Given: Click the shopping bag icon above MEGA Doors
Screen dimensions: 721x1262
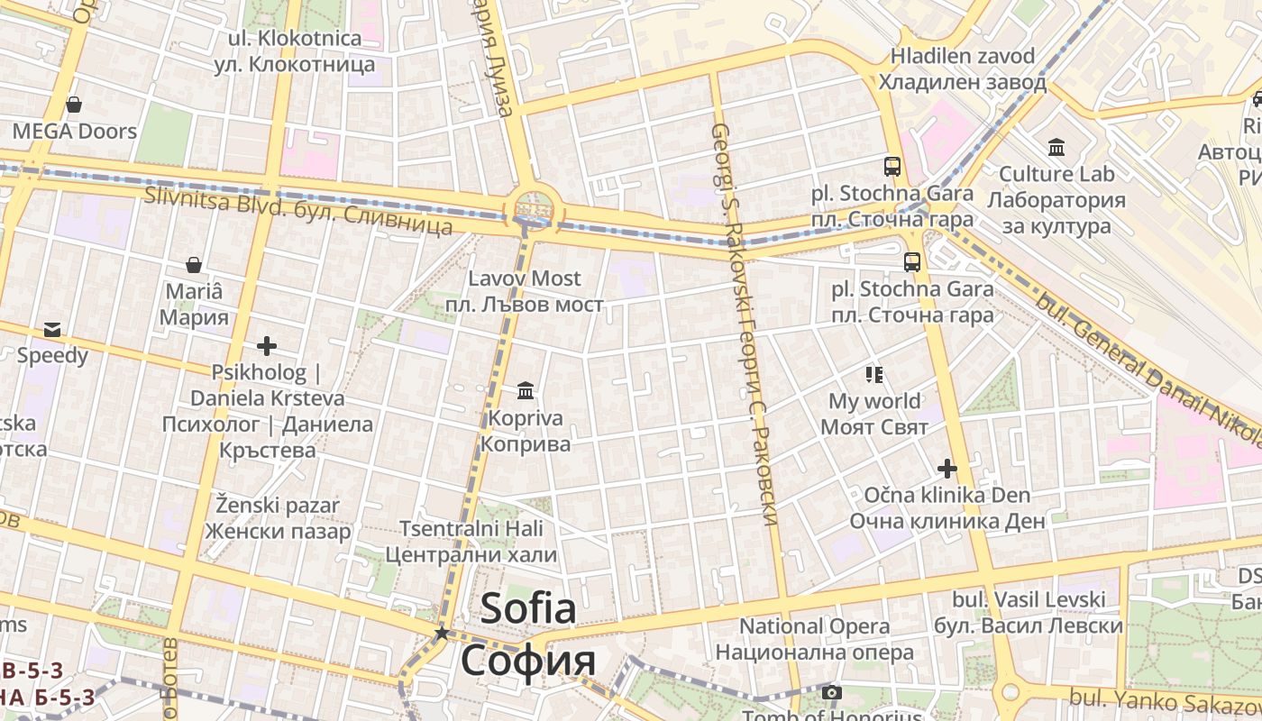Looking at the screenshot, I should coord(74,105).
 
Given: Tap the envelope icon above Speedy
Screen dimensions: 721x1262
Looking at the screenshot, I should coord(52,329).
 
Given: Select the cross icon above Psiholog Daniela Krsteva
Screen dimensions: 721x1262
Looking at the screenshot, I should coord(266,345).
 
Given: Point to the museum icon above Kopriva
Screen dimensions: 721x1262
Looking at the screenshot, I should coord(526,390).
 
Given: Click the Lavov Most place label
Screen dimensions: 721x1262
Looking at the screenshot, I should coord(525,278).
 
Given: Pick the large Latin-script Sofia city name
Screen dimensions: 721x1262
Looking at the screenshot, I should coord(528,608).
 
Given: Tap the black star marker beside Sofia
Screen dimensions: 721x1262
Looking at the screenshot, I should coord(442,634).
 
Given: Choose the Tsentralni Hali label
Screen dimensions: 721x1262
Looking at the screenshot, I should coord(471,529).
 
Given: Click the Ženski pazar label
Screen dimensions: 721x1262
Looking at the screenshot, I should coord(278,505).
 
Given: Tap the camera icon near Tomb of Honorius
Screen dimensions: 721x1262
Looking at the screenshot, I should coord(831,693).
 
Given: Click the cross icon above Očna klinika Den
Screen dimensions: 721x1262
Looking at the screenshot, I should coord(946,469).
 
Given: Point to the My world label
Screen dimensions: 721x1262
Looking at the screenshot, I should coord(874,401).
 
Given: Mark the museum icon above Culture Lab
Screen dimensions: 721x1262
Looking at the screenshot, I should coord(1056,147).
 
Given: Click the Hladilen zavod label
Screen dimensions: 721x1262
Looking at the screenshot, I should coord(963,56).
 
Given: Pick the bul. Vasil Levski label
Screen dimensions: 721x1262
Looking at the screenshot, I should coord(1029,600).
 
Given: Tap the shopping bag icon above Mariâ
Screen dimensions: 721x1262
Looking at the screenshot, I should coord(194,265).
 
